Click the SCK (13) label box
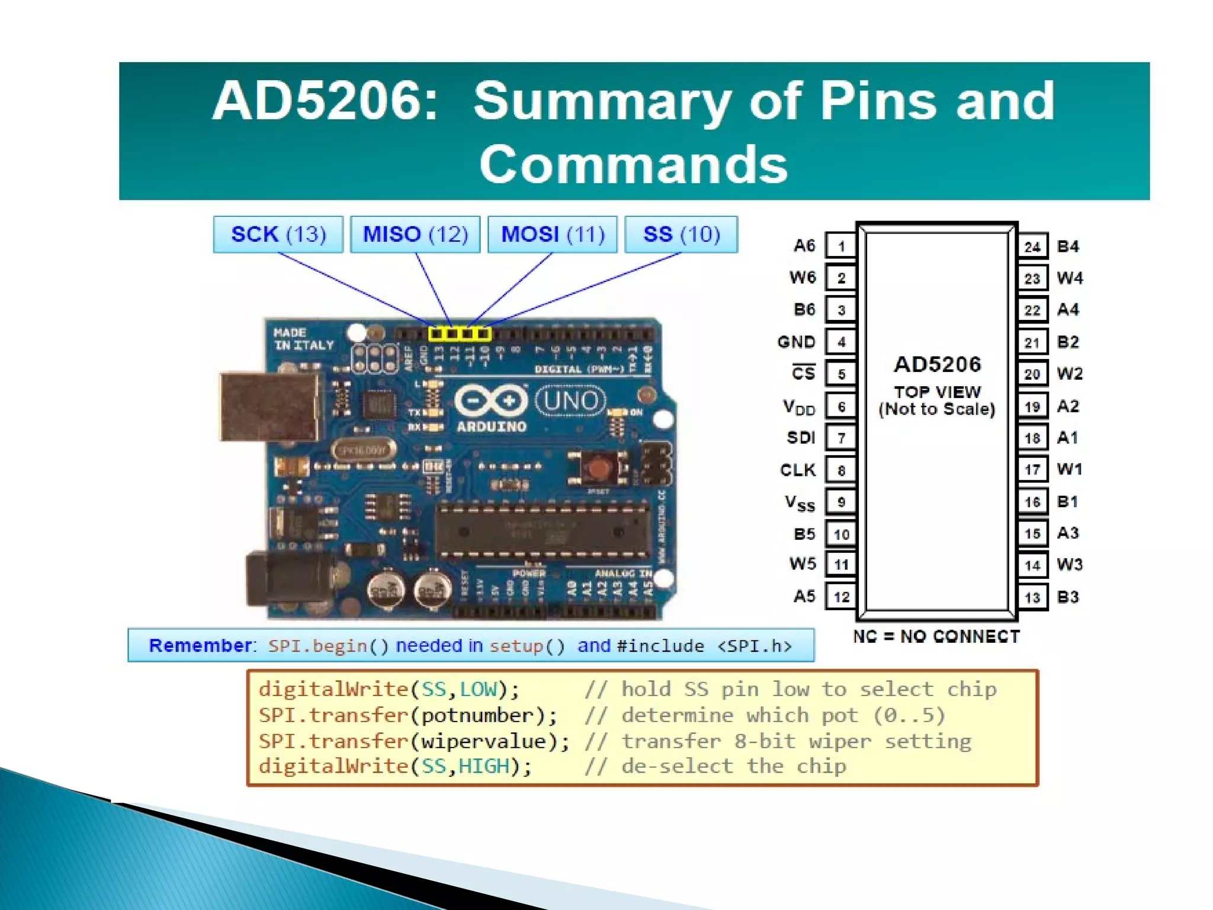tap(278, 235)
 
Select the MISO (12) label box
tap(415, 235)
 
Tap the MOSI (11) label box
tap(553, 235)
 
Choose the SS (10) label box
tap(681, 235)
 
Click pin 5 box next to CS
tap(841, 374)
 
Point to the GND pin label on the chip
tap(797, 342)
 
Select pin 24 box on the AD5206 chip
tap(1032, 246)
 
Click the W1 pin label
tap(1070, 469)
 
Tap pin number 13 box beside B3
tap(1032, 597)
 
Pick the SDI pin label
tap(801, 438)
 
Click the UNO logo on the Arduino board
tap(570, 401)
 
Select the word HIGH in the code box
tap(484, 766)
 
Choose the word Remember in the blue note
tap(200, 645)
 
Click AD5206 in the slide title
tap(325, 101)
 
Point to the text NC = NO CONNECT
tap(936, 636)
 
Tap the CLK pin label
tap(798, 470)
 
